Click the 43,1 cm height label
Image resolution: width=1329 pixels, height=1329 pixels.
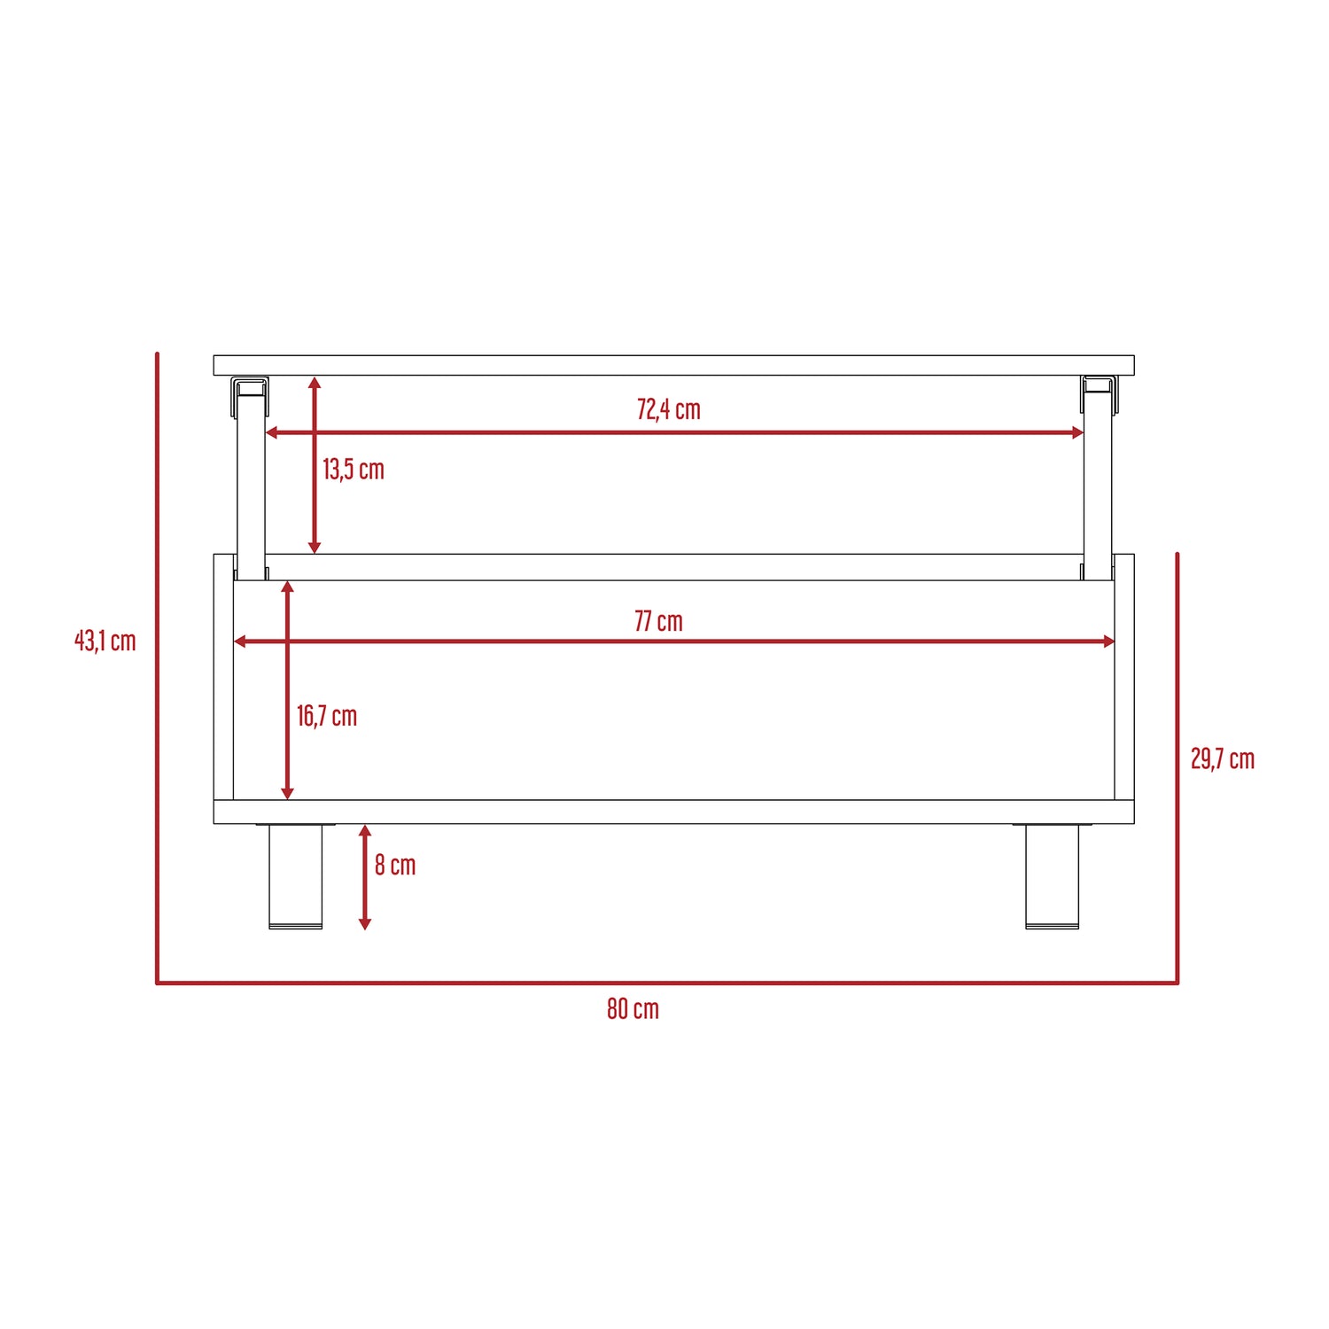[105, 640]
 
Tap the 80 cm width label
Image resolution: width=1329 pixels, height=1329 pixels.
[633, 1008]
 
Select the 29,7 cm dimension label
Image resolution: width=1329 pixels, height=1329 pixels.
[1223, 758]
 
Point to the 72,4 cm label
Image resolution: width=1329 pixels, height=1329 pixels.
[669, 409]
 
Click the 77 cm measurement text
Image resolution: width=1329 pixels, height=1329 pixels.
[658, 621]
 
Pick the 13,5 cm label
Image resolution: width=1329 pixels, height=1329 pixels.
[354, 469]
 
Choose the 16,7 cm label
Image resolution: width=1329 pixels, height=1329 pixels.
[327, 716]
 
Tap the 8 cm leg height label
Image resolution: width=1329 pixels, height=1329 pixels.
[395, 865]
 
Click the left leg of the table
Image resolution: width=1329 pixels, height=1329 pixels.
[295, 876]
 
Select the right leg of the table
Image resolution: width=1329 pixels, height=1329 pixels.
[1053, 876]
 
